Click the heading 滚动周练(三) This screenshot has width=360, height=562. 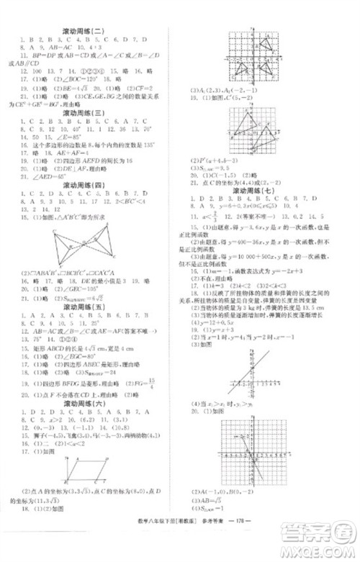click(x=84, y=113)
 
